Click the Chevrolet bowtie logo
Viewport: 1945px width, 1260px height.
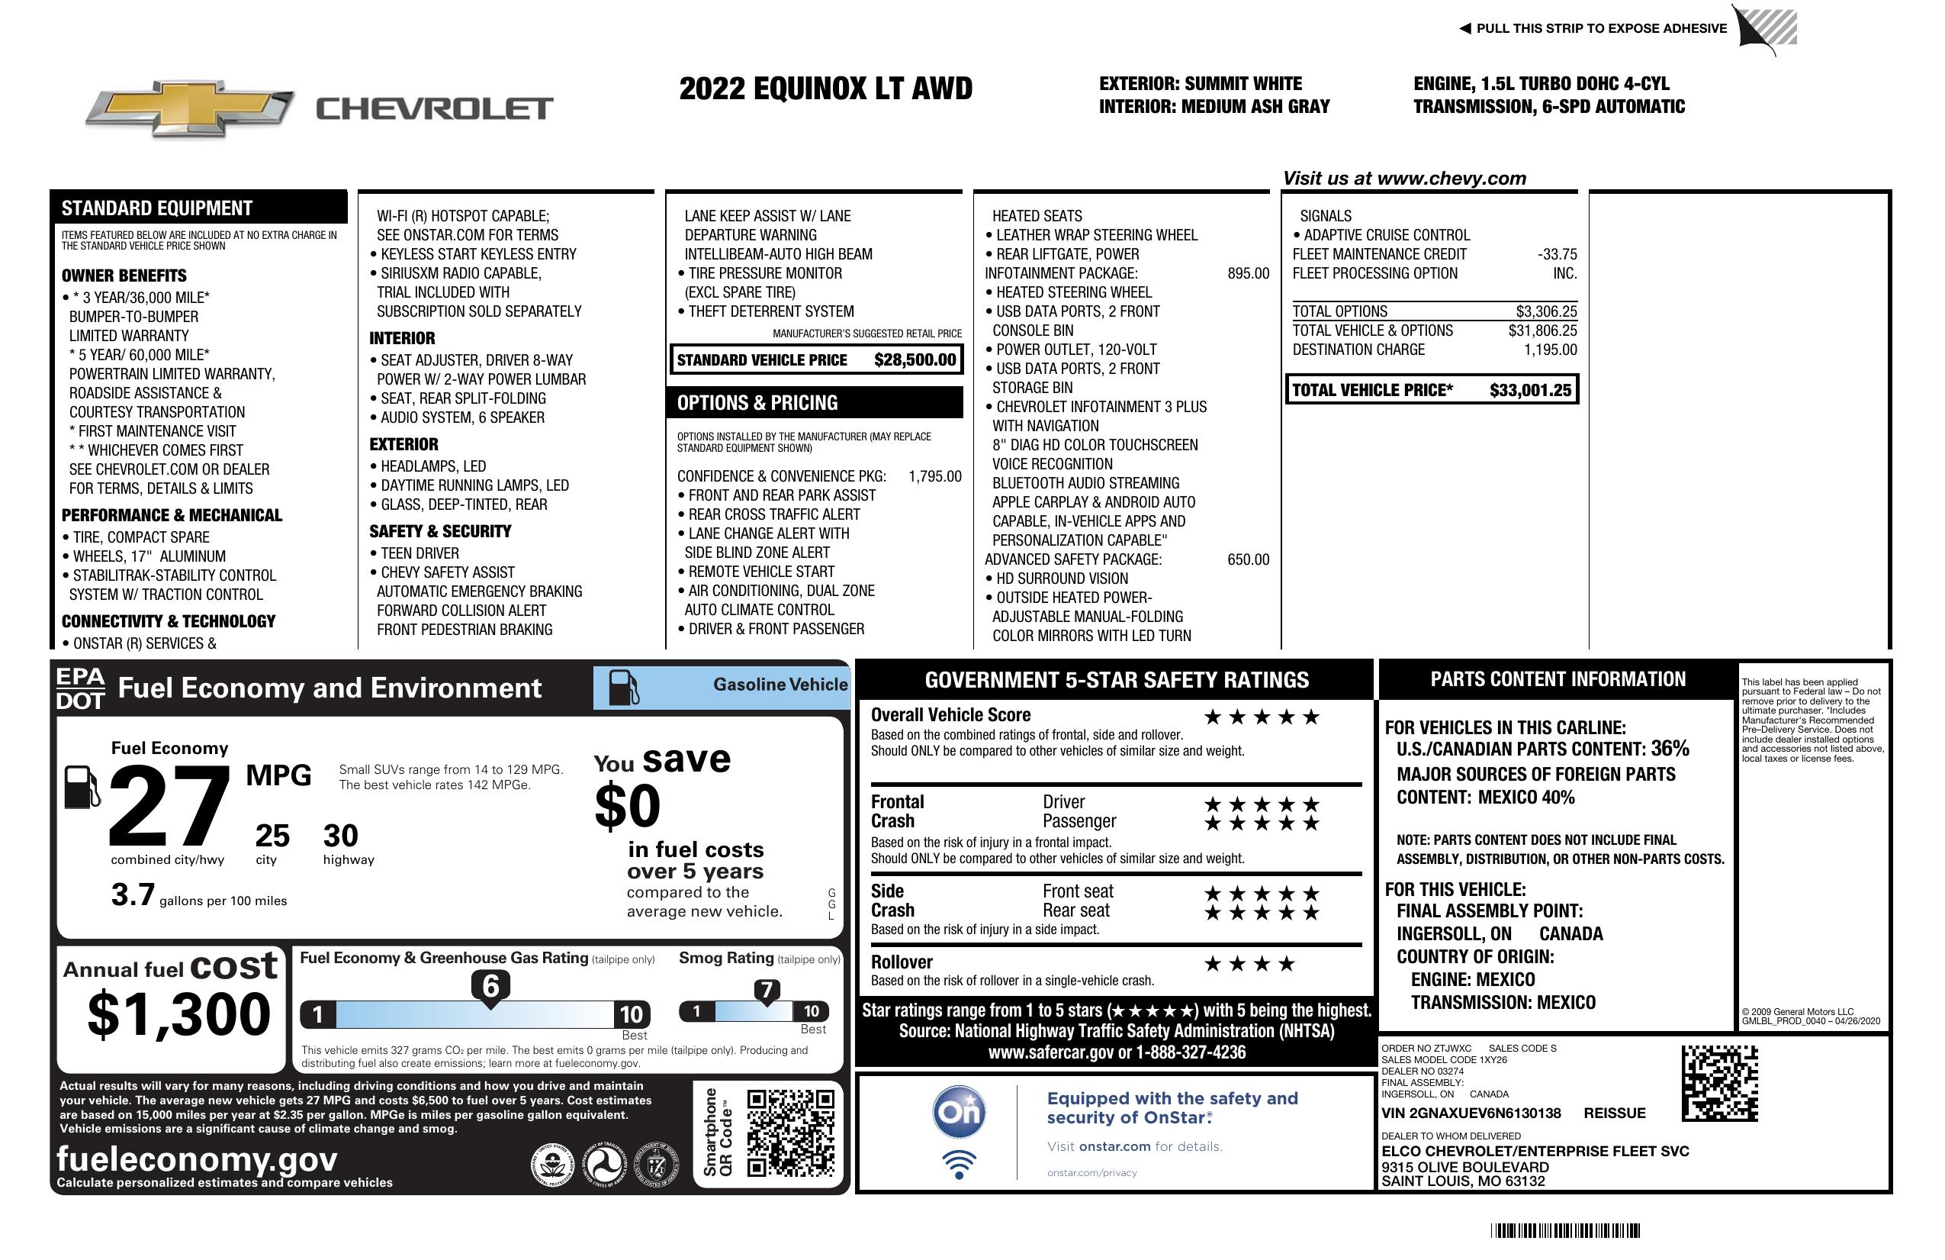[x=190, y=108]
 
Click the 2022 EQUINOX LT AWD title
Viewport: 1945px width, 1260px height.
[x=825, y=89]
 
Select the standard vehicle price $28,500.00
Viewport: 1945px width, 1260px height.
[x=914, y=359]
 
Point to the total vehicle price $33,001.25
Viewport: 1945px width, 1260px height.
[x=1529, y=390]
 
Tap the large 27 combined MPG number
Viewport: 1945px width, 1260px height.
[x=169, y=805]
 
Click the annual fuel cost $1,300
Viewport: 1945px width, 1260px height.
[x=178, y=1015]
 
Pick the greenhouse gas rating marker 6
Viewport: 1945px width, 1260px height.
[x=490, y=987]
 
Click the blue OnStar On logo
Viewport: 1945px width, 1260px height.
[x=959, y=1112]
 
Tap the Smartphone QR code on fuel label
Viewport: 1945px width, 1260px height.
[x=790, y=1132]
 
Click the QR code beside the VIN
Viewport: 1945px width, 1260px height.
[x=1719, y=1083]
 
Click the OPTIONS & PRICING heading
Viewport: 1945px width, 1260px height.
[x=757, y=403]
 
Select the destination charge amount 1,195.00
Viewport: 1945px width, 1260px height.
[x=1549, y=350]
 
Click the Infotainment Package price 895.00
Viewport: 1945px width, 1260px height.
[x=1247, y=274]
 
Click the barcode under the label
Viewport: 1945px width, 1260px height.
[x=1564, y=1230]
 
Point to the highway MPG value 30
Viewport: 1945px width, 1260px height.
[x=341, y=836]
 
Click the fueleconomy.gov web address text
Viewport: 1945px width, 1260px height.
[x=197, y=1159]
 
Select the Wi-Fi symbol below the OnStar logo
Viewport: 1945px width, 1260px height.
[x=959, y=1165]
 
